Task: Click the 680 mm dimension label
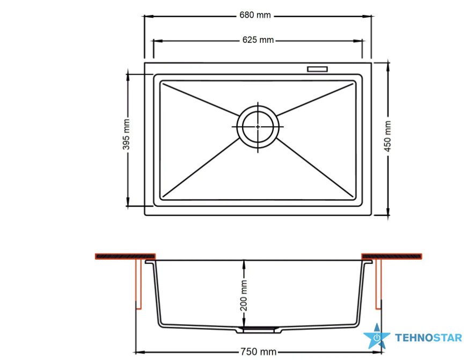[x=255, y=15]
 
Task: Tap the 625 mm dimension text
[x=258, y=40]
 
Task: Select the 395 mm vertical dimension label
[x=126, y=134]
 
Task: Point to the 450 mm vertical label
[x=387, y=136]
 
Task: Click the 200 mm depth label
[x=244, y=296]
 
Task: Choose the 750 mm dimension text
[x=258, y=351]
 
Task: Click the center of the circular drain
[x=258, y=127]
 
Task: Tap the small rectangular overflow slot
[x=317, y=69]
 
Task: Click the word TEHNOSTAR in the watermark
[x=428, y=338]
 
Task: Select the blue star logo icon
[x=376, y=336]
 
